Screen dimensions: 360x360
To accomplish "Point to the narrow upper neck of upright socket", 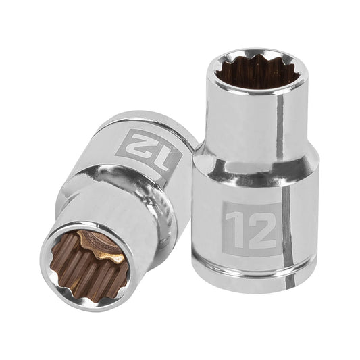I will click(x=253, y=122).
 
